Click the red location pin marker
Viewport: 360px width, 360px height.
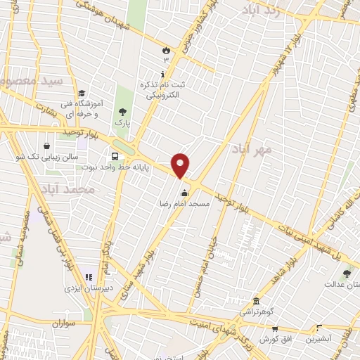181,166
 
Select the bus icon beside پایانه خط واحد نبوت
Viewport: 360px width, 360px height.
114,156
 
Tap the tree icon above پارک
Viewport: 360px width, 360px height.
123,111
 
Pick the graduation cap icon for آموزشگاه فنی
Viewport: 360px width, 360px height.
82,93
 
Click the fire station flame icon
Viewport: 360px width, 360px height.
165,51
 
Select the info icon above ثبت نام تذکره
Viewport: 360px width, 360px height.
164,74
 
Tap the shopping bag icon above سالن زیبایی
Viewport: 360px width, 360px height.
46,146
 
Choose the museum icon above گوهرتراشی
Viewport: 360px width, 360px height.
256,300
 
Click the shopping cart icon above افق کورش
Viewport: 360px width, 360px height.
275,328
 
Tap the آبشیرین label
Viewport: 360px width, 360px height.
318,338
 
